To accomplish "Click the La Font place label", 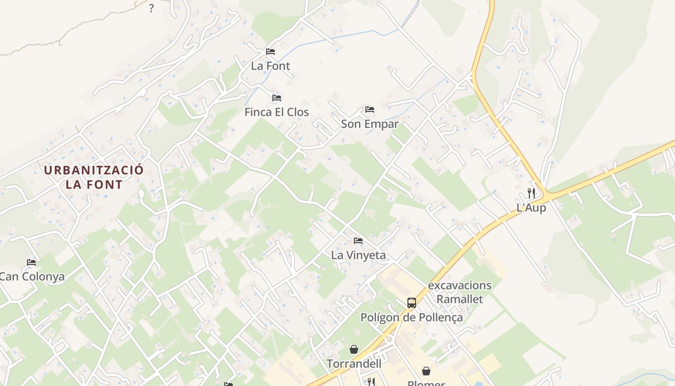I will pyautogui.click(x=270, y=66).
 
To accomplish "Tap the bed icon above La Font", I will pyautogui.click(x=270, y=52).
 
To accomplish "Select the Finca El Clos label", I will pyautogui.click(x=277, y=112).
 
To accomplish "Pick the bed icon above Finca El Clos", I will pyautogui.click(x=277, y=98).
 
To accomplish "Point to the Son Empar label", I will pyautogui.click(x=370, y=124).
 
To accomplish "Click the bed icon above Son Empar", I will pyautogui.click(x=370, y=110).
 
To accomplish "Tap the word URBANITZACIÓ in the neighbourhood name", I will pyautogui.click(x=94, y=170).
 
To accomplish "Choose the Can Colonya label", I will pyautogui.click(x=32, y=277).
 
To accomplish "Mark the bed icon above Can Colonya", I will pyautogui.click(x=31, y=262).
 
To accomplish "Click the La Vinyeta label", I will pyautogui.click(x=358, y=255).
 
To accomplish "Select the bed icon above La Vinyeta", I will pyautogui.click(x=358, y=241).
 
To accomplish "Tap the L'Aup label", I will pyautogui.click(x=531, y=208).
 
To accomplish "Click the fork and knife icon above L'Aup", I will pyautogui.click(x=531, y=193).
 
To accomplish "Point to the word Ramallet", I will pyautogui.click(x=459, y=299).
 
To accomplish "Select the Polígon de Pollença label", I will pyautogui.click(x=412, y=317).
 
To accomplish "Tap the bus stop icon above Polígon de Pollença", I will pyautogui.click(x=412, y=303).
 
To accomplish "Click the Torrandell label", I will pyautogui.click(x=354, y=364).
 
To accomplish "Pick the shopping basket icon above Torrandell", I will pyautogui.click(x=354, y=349).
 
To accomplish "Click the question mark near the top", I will pyautogui.click(x=151, y=8).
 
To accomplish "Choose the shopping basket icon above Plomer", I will pyautogui.click(x=426, y=371).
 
